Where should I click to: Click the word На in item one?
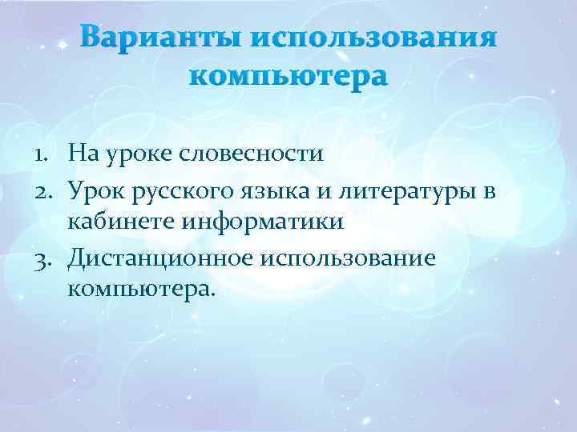[84, 153]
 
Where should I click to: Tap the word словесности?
[255, 153]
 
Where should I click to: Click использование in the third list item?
[344, 259]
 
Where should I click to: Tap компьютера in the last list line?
[142, 294]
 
